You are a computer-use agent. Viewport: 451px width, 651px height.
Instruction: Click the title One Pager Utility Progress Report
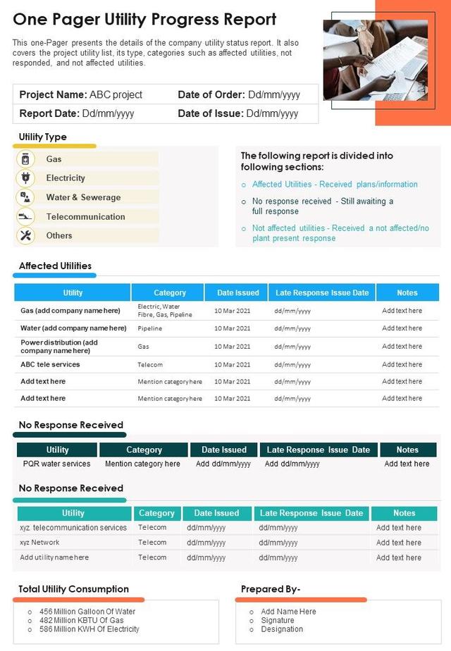pos(144,20)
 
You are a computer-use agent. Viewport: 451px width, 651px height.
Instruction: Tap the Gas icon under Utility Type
pos(25,159)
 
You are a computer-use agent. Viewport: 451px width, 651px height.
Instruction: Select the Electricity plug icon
pos(25,178)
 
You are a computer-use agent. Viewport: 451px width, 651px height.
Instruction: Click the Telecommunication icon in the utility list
pos(25,216)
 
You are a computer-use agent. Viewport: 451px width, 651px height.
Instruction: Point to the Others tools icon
pos(25,235)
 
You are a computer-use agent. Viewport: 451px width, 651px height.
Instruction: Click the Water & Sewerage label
pos(83,197)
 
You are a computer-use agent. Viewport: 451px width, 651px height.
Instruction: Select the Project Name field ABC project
pos(81,94)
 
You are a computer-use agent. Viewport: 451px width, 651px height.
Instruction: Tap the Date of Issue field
pos(238,113)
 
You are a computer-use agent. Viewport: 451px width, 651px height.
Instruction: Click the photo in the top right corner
pos(375,59)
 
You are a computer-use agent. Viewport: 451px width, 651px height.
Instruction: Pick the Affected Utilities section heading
pos(55,266)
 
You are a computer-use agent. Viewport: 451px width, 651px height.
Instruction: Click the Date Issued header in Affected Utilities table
pos(237,292)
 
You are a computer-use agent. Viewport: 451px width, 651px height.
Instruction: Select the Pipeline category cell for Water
pos(150,328)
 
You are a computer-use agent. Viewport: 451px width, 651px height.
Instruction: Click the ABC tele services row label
pos(50,364)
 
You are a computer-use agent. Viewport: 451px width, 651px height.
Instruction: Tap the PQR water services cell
pos(56,464)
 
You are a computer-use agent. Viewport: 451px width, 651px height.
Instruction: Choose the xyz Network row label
pos(39,542)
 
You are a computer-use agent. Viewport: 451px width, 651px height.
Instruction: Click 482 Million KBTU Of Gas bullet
pos(81,620)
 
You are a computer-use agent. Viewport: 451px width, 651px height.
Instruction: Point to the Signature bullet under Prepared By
pos(278,620)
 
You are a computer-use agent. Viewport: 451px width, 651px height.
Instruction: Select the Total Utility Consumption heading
pos(73,589)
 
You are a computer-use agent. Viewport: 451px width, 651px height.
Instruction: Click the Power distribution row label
pos(59,346)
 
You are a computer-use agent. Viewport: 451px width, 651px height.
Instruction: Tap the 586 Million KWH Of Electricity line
pos(89,629)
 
